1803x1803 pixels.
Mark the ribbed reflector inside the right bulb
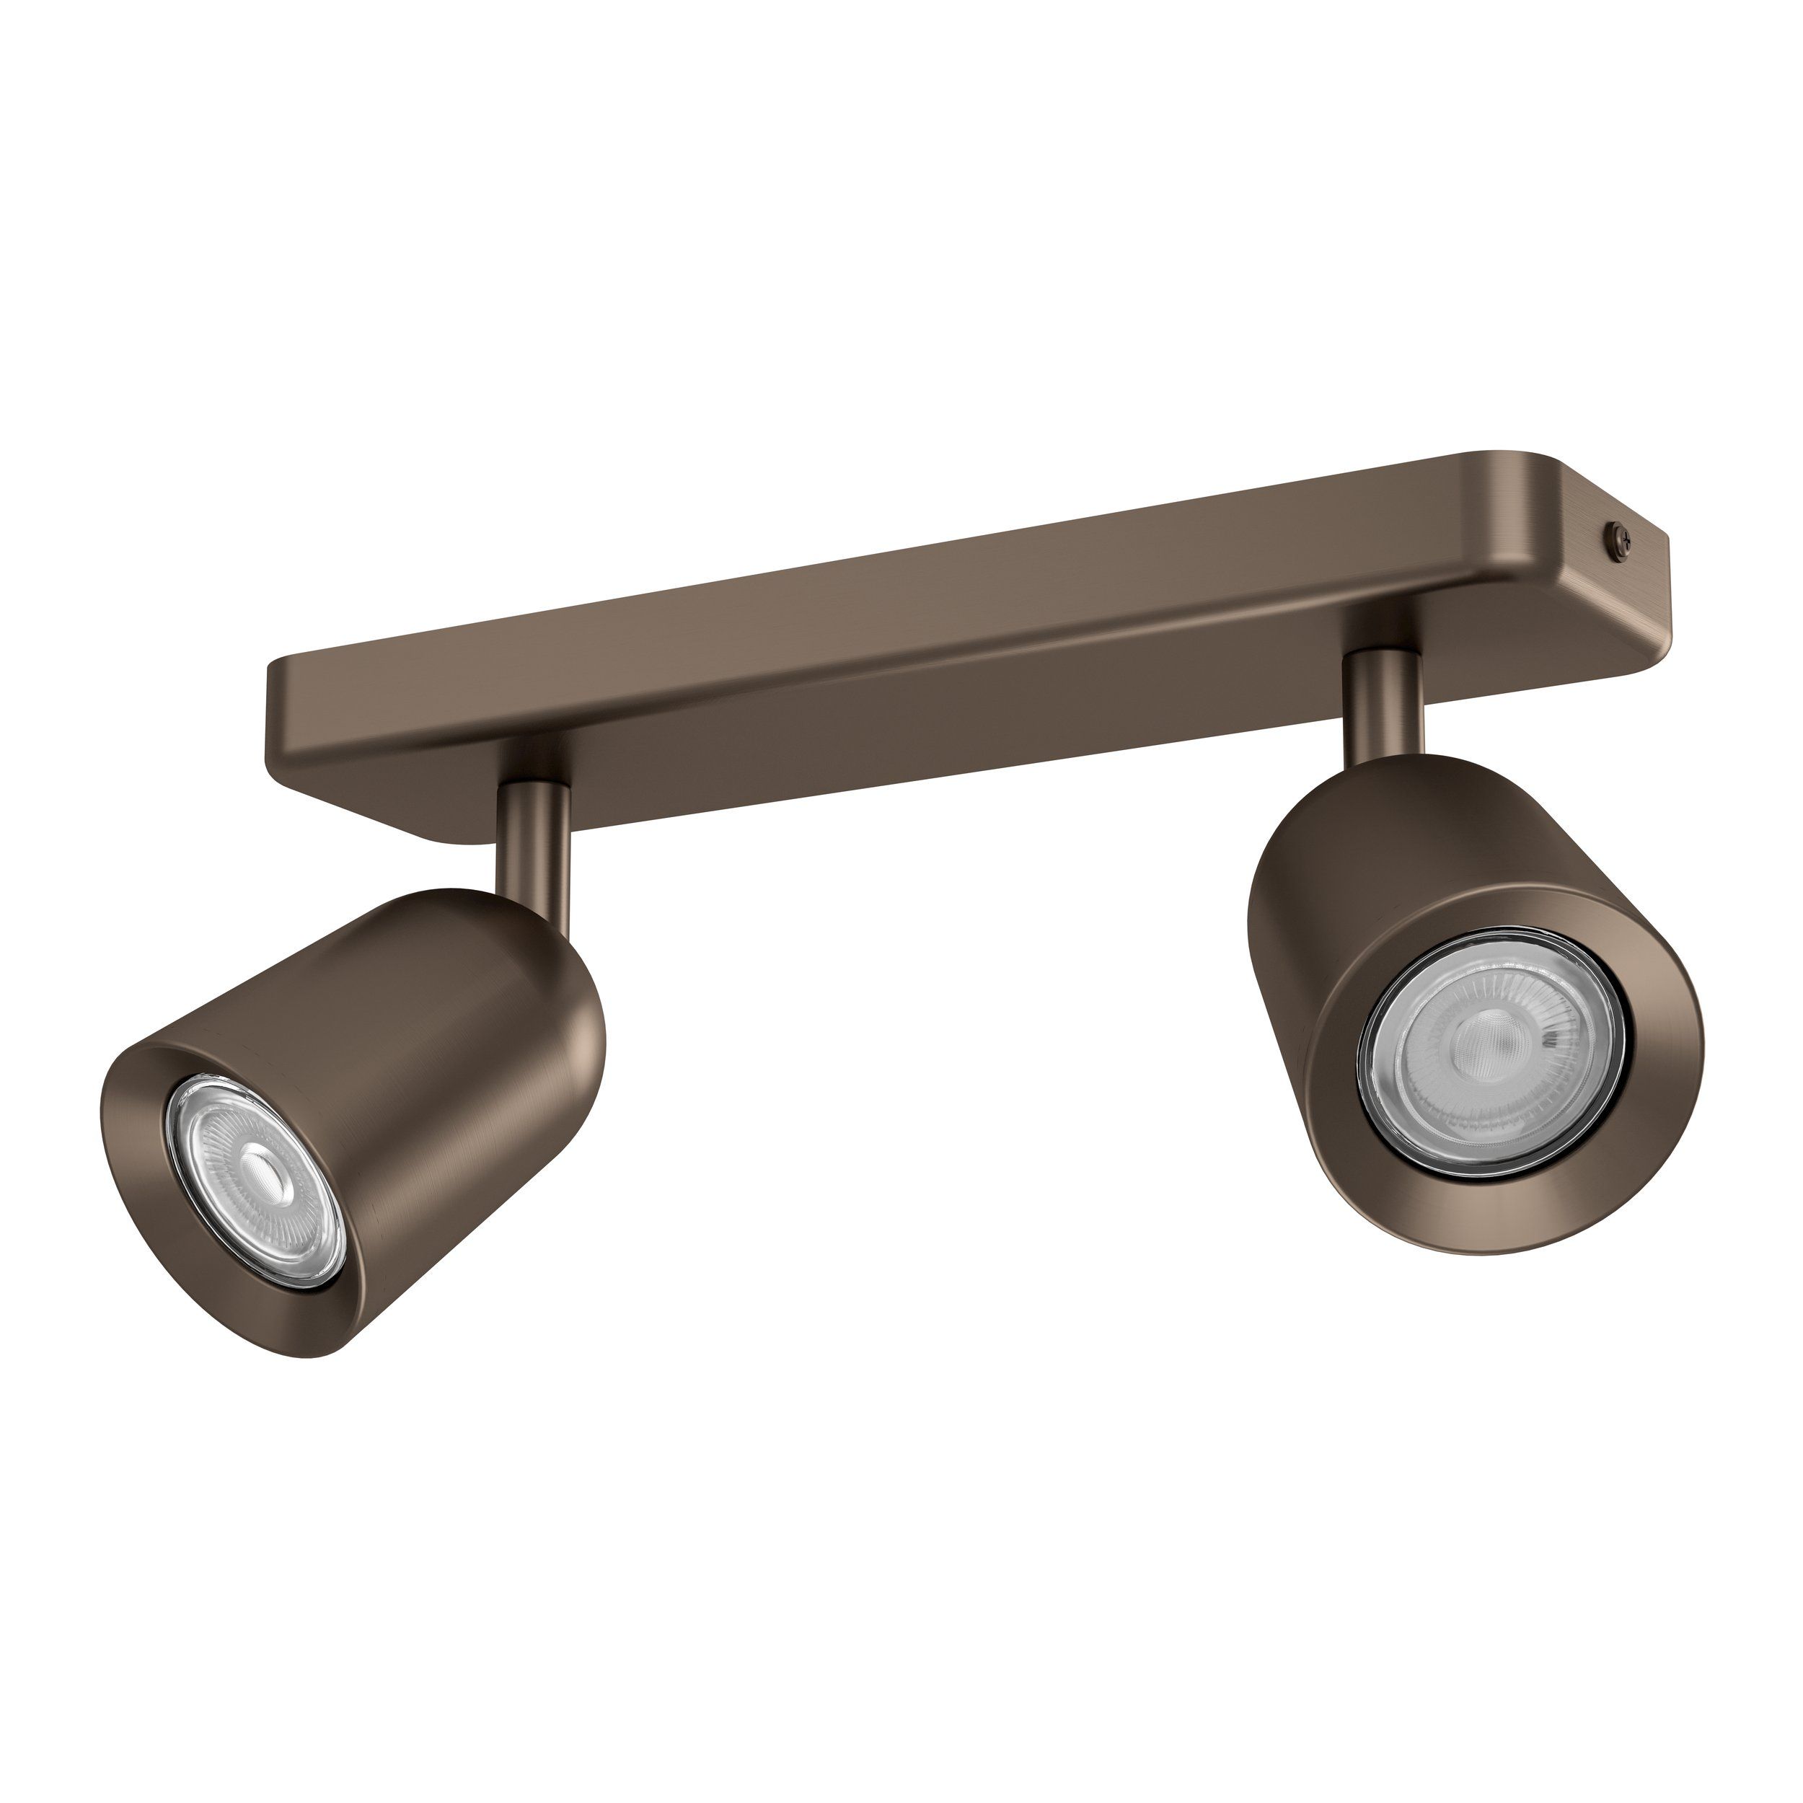coord(1540,1008)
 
